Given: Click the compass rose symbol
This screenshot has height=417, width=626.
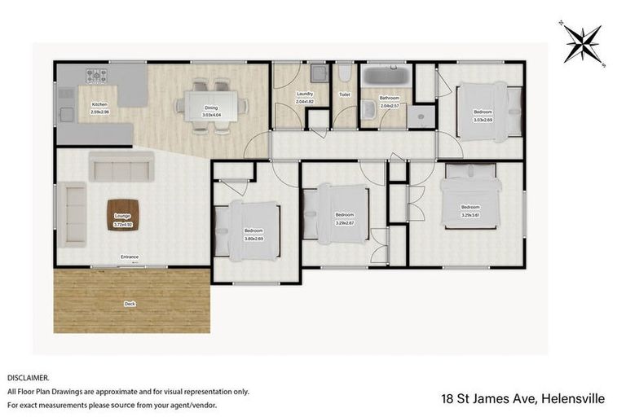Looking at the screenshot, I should (582, 41).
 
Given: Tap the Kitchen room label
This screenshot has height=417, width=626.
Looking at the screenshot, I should (99, 104).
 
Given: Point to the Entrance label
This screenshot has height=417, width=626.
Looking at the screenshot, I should (130, 257).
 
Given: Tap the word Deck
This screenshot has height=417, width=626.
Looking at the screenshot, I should (130, 304).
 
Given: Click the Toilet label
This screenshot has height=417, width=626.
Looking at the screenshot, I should (345, 94).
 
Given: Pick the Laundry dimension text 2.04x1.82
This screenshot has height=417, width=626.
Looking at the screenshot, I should (304, 101).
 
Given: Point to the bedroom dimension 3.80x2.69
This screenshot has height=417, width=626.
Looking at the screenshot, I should (253, 238).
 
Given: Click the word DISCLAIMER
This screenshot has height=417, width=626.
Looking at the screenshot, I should (28, 378).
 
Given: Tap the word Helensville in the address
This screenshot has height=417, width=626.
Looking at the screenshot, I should (570, 399).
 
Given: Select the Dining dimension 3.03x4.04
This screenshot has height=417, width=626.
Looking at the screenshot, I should (211, 114).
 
